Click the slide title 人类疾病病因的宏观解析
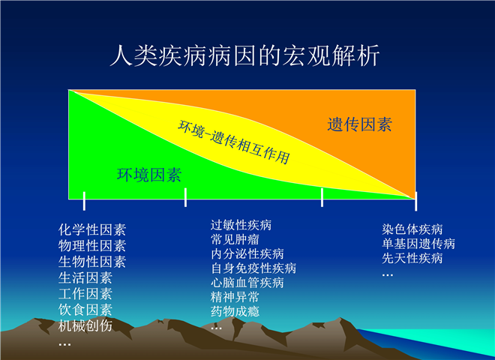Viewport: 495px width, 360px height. [x=244, y=56]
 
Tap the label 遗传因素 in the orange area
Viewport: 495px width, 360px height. [x=359, y=124]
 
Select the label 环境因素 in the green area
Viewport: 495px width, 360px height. [x=149, y=175]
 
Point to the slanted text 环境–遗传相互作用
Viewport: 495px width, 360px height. [x=233, y=142]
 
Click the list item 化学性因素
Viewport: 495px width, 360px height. [x=92, y=230]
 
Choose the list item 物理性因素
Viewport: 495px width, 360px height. [x=92, y=246]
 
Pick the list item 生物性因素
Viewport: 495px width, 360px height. [x=92, y=262]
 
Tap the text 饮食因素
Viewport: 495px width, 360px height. [x=85, y=310]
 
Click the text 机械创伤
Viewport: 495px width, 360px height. [x=85, y=325]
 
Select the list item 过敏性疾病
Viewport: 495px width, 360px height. [x=241, y=225]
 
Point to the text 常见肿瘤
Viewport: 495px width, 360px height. [x=235, y=240]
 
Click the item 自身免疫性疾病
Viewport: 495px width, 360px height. [x=253, y=268]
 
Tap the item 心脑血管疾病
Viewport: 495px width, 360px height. [x=247, y=283]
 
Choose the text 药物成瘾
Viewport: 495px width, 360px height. [x=235, y=311]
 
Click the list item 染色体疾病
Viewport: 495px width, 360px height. [x=412, y=229]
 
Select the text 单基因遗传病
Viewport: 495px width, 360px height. [x=418, y=244]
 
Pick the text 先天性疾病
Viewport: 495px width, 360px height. [x=412, y=258]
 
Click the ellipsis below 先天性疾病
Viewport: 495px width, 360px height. [x=387, y=275]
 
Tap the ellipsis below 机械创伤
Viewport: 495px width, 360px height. [x=64, y=344]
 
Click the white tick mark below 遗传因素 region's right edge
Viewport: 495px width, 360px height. [x=415, y=201]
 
